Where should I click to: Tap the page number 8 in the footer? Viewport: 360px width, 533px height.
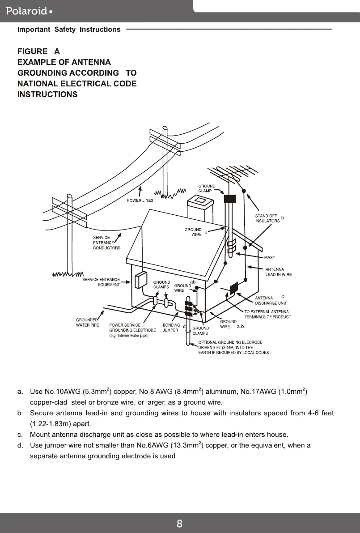[x=179, y=524]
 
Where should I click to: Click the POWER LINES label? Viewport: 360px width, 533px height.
[x=140, y=200]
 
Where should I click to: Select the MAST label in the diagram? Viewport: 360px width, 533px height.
[x=270, y=257]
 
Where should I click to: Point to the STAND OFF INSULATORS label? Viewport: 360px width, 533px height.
[x=267, y=218]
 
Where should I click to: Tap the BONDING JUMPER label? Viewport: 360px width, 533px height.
[x=171, y=328]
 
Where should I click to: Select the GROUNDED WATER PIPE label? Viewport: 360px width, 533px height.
[x=88, y=323]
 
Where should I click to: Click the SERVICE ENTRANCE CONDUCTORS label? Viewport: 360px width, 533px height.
[x=106, y=243]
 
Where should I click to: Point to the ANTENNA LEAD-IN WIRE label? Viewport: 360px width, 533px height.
[x=279, y=272]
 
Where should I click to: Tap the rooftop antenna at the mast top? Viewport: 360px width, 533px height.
[x=233, y=172]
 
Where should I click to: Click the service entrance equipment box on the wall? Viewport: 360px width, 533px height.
[x=141, y=280]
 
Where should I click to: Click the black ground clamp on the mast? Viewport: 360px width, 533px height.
[x=230, y=198]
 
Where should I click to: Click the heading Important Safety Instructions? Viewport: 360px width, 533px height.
[x=69, y=30]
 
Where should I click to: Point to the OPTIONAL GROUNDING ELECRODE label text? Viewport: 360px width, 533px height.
[x=230, y=342]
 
